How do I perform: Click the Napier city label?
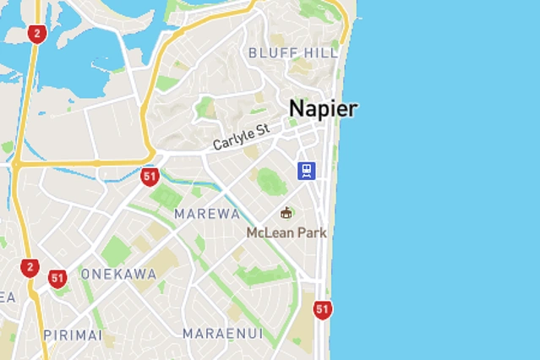click(323, 109)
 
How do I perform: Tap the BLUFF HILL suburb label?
click(292, 52)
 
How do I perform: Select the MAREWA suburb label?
click(207, 214)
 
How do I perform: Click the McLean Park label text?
click(286, 232)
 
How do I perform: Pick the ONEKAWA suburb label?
click(118, 274)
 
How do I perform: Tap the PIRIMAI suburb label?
click(73, 335)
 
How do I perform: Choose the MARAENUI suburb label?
click(222, 333)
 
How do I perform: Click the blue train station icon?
click(306, 171)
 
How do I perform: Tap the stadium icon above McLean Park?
click(286, 213)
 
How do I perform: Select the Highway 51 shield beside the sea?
click(322, 309)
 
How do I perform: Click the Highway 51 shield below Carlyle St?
click(150, 177)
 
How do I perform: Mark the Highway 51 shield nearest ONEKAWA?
click(57, 278)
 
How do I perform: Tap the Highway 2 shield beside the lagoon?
click(35, 34)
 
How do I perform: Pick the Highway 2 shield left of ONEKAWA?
click(30, 268)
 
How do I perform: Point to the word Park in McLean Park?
click(310, 232)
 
